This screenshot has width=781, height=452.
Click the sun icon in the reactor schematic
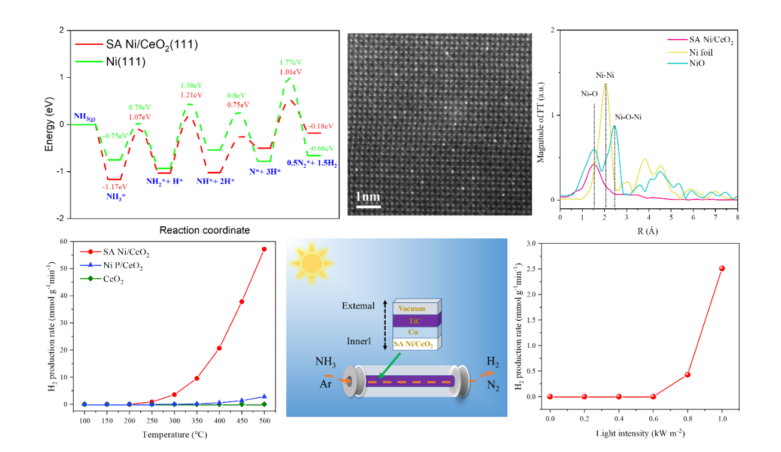[311, 263]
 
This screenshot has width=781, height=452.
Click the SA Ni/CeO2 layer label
[414, 344]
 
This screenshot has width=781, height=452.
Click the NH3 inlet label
[326, 362]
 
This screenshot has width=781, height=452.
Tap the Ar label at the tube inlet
[326, 383]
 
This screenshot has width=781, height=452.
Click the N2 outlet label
[493, 386]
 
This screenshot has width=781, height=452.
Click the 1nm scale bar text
[368, 196]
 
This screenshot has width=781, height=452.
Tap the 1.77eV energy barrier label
[290, 62]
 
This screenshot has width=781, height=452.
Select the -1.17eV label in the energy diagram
[115, 187]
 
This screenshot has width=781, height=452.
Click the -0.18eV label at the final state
[321, 126]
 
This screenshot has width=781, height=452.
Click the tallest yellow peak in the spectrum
[606, 84]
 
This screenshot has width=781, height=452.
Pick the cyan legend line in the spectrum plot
[677, 63]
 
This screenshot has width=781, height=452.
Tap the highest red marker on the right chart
[722, 268]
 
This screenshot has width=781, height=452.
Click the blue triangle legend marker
[90, 265]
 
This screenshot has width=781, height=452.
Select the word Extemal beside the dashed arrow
[359, 306]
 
